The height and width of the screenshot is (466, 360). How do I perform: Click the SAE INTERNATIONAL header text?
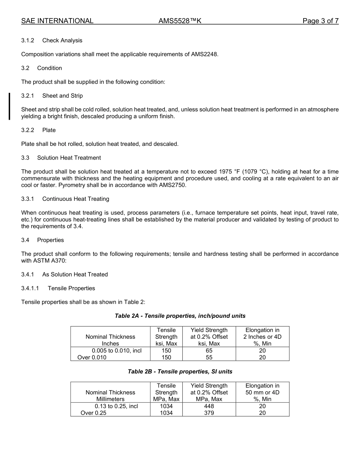click(x=57, y=21)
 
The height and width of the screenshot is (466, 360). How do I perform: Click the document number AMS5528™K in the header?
click(x=180, y=21)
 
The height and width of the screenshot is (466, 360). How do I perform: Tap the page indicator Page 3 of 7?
click(x=320, y=21)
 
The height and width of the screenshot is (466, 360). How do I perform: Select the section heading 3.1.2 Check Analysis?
click(x=52, y=41)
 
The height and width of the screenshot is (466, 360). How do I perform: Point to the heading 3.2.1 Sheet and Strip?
click(x=52, y=96)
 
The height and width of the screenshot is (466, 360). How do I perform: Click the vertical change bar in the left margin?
click(x=9, y=106)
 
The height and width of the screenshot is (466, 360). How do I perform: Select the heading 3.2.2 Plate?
click(x=38, y=130)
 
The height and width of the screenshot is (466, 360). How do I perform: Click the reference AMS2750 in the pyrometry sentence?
click(x=172, y=185)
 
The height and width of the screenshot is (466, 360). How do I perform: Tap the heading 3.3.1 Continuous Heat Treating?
click(x=65, y=199)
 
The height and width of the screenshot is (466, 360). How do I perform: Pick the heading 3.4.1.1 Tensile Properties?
click(x=58, y=288)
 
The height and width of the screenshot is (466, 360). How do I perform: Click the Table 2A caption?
click(x=180, y=316)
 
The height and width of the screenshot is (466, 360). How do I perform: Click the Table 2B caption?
click(x=180, y=372)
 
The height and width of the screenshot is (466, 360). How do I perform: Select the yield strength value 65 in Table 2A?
click(x=209, y=351)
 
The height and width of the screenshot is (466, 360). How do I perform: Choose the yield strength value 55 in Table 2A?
click(x=209, y=357)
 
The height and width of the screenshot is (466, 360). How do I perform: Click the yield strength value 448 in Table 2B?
click(x=209, y=406)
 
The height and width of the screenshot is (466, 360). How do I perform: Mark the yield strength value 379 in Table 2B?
click(x=209, y=413)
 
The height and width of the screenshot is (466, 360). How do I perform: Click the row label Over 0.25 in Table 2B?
click(x=93, y=413)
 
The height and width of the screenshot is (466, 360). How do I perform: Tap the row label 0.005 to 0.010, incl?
click(x=117, y=351)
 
